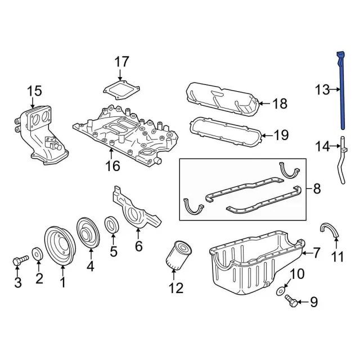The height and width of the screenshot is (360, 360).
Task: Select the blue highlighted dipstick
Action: [341, 91]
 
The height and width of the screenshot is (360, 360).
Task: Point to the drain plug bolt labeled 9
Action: [291, 301]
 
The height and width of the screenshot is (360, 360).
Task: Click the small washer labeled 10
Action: [280, 291]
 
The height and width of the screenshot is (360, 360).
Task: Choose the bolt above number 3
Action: [20, 261]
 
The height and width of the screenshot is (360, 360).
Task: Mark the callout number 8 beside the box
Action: [317, 189]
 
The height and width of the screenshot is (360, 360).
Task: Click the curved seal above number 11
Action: [330, 230]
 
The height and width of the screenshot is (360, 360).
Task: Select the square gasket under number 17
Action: [121, 90]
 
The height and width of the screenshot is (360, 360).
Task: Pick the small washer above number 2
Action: [37, 254]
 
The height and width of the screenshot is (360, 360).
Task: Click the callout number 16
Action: [113, 166]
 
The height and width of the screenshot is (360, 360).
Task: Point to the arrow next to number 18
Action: [264, 103]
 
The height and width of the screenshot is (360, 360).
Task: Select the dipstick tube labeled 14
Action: [343, 160]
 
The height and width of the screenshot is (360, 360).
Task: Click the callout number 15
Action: [35, 91]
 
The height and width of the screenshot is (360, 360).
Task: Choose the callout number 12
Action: [176, 288]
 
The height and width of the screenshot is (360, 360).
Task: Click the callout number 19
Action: [281, 135]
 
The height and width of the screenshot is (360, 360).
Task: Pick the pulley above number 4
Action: [88, 233]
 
